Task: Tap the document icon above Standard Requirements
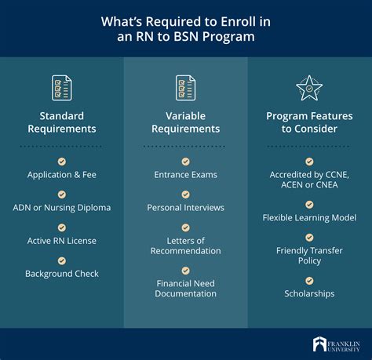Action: click(62, 88)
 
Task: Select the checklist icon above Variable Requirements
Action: click(185, 88)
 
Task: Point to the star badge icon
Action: click(309, 88)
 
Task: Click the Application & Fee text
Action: click(62, 174)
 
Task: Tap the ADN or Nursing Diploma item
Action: click(62, 208)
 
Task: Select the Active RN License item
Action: click(62, 241)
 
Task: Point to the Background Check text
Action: click(62, 274)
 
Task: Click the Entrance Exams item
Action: click(185, 174)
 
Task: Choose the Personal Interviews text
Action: click(185, 208)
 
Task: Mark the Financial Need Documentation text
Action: click(185, 287)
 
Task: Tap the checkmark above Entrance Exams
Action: click(185, 161)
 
